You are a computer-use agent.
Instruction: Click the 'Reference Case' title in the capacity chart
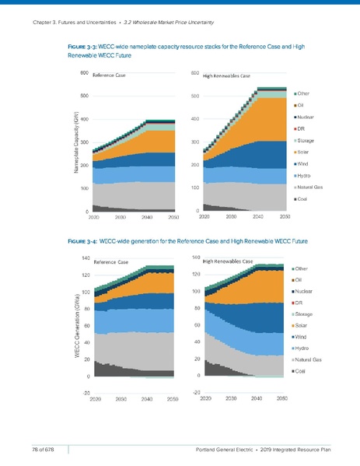[109, 76]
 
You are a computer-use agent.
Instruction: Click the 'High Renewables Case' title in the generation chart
[228, 261]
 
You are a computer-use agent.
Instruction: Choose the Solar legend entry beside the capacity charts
[304, 152]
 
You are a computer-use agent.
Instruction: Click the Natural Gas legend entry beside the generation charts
[309, 359]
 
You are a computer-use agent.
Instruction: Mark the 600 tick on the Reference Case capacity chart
[82, 73]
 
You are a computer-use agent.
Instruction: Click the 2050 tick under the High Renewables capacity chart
[285, 218]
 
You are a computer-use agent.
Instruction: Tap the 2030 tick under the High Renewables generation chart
[230, 398]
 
